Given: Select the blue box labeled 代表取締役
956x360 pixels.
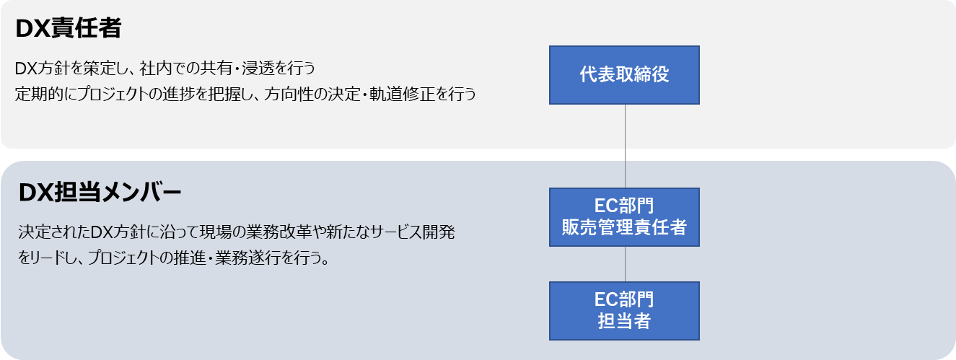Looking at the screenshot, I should point(624,75).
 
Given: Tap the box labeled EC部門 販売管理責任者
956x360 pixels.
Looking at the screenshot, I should point(624,216).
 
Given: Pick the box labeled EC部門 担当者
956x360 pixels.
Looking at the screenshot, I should point(624,310).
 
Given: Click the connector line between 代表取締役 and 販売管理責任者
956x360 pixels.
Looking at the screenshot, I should point(625,146).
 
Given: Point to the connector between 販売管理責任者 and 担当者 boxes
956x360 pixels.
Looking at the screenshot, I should point(625,263).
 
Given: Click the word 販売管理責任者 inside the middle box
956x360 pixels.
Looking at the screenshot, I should point(624,228).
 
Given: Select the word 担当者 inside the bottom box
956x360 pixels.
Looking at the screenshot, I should point(624,322).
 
